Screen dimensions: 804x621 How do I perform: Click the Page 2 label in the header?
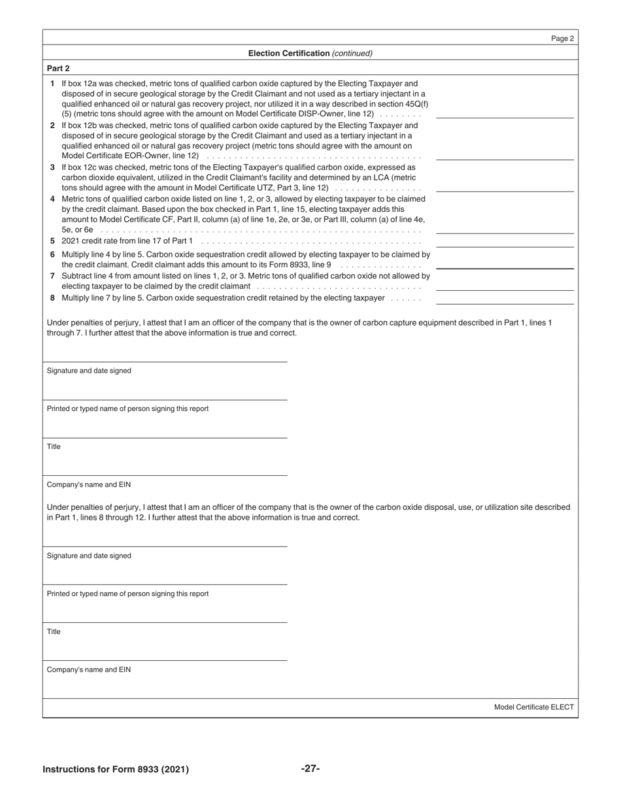pyautogui.click(x=562, y=39)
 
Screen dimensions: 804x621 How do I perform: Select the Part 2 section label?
pyautogui.click(x=58, y=68)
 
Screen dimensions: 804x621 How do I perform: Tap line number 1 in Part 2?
pyautogui.click(x=52, y=84)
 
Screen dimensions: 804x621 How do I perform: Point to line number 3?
pyautogui.click(x=52, y=167)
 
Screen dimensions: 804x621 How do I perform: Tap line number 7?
pyautogui.click(x=52, y=276)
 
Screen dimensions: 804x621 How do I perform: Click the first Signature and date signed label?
pyautogui.click(x=89, y=371)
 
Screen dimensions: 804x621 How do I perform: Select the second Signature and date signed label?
pyautogui.click(x=89, y=556)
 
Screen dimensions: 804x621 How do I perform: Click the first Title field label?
pyautogui.click(x=54, y=446)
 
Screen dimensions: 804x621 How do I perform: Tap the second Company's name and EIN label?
pyautogui.click(x=89, y=669)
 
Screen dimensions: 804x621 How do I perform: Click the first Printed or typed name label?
pyautogui.click(x=127, y=409)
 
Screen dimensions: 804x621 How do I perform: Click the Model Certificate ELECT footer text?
pyautogui.click(x=533, y=707)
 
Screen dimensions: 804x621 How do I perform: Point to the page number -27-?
pyautogui.click(x=310, y=768)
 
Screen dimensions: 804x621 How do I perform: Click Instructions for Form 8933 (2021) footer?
pyautogui.click(x=116, y=769)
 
